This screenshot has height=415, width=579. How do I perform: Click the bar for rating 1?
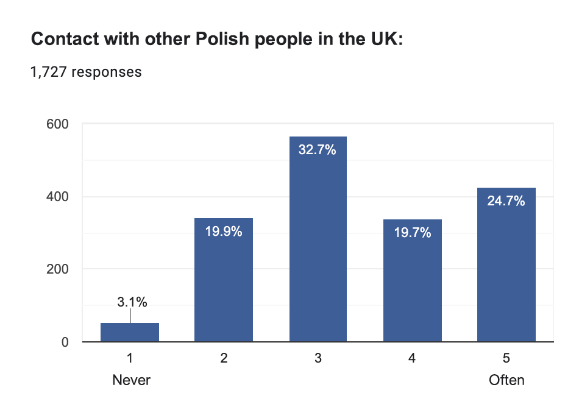(130, 332)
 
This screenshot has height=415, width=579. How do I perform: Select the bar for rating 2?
(224, 280)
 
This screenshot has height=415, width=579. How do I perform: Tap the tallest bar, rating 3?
(318, 244)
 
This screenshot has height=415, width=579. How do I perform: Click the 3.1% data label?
(132, 302)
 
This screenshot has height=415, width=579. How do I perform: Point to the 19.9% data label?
(224, 232)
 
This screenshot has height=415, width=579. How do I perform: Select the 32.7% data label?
(318, 150)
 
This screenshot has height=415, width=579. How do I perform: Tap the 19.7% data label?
(412, 233)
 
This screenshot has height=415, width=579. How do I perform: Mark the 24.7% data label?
(506, 201)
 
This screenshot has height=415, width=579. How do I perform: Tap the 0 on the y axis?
(64, 342)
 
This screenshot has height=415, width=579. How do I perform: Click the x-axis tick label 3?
(318, 359)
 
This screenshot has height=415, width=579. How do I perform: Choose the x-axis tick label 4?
(412, 359)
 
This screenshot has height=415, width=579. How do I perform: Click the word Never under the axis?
(131, 380)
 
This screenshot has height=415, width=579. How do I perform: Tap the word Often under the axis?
(506, 380)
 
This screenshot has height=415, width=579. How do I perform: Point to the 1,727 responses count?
(86, 72)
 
